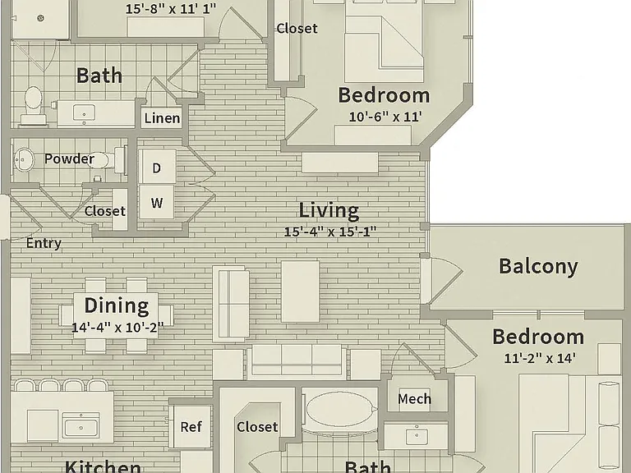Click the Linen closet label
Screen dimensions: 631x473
click(x=162, y=118)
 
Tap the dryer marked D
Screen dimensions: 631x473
click(x=157, y=167)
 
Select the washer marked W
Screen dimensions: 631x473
click(x=157, y=202)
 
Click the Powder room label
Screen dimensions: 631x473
click(x=69, y=158)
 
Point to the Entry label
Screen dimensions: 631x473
click(x=44, y=243)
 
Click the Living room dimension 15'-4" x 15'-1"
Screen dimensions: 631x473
click(x=330, y=232)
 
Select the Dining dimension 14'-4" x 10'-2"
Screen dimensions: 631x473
click(x=117, y=328)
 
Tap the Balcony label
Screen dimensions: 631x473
click(x=538, y=267)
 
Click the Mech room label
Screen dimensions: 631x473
click(x=414, y=399)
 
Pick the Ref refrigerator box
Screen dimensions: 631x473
click(x=191, y=427)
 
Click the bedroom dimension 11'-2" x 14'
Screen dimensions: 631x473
click(x=540, y=358)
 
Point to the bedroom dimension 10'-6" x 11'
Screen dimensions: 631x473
click(x=385, y=117)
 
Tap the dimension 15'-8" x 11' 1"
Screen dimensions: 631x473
click(x=171, y=8)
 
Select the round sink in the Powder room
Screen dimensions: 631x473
click(x=24, y=159)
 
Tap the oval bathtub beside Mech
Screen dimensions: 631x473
click(x=342, y=409)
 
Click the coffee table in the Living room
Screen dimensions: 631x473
click(x=300, y=292)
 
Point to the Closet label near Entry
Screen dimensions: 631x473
click(x=105, y=211)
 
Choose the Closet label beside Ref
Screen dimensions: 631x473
click(x=257, y=427)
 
